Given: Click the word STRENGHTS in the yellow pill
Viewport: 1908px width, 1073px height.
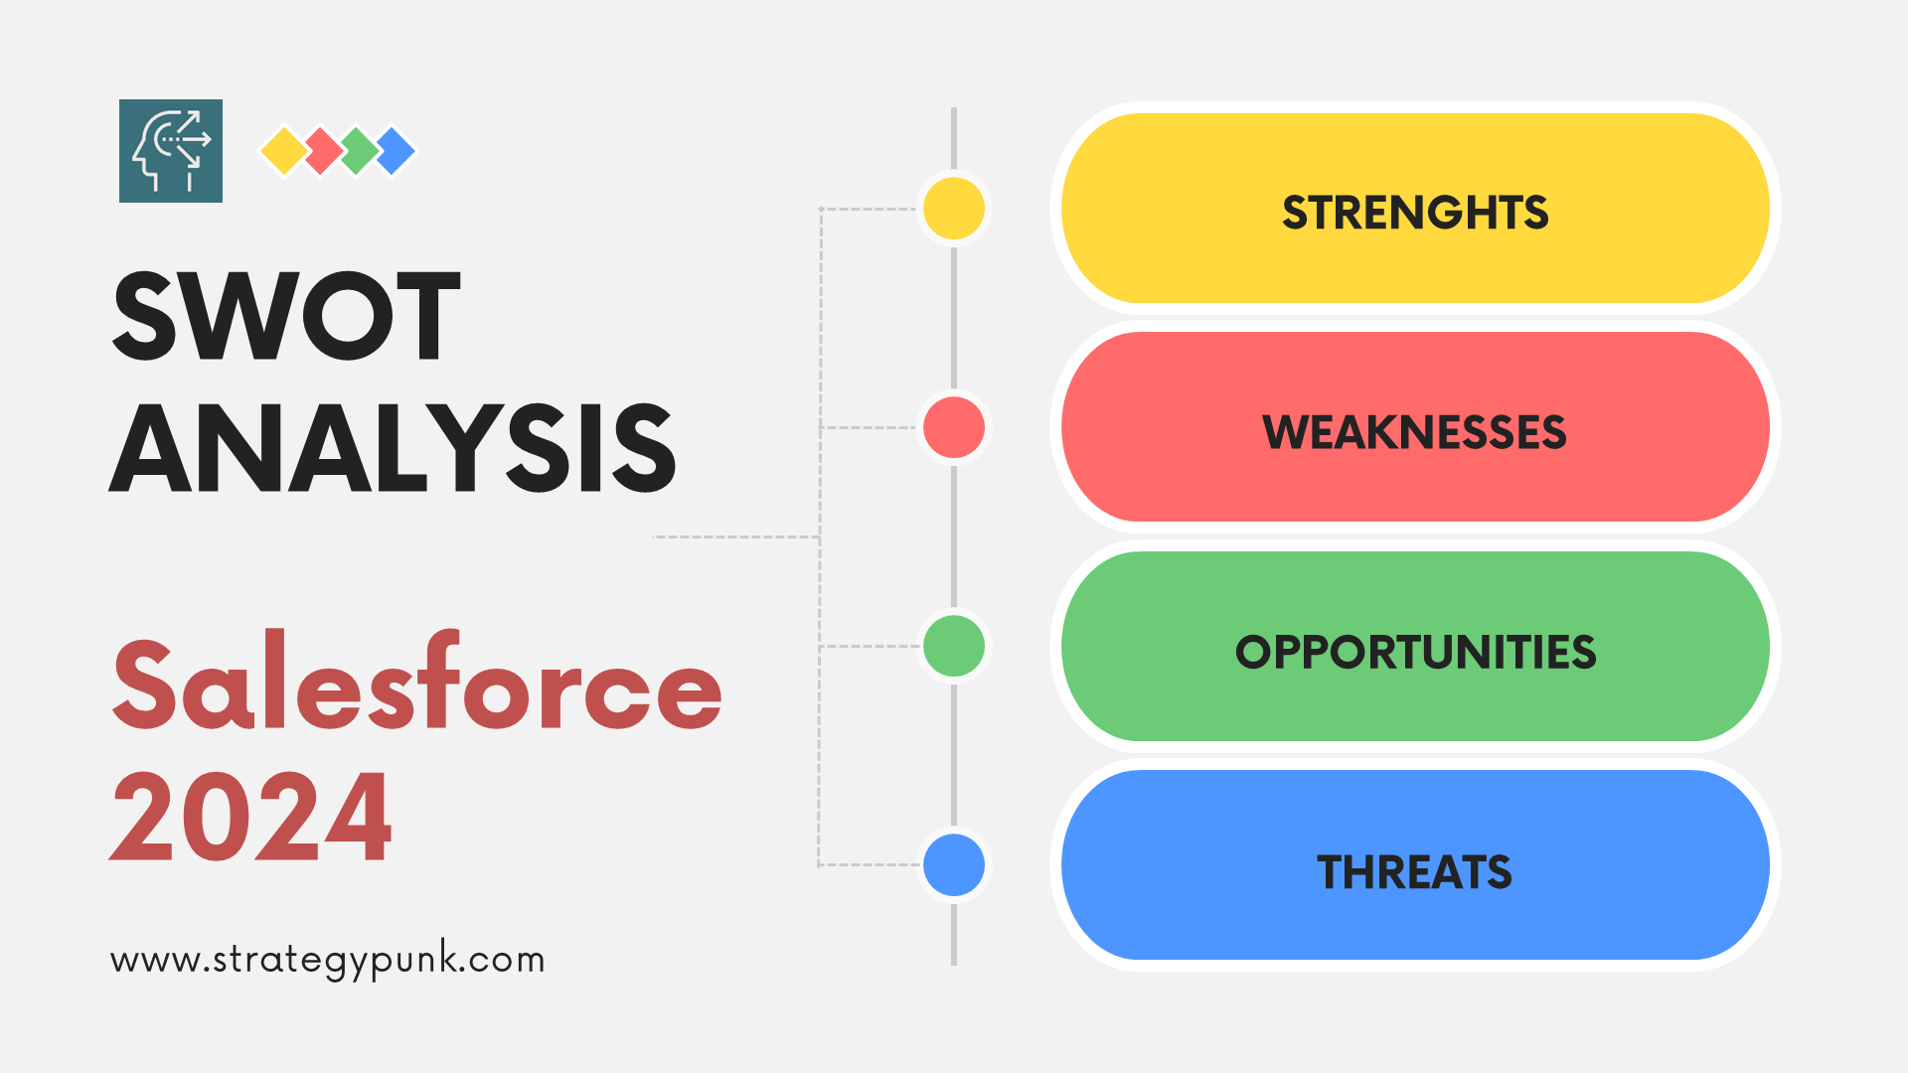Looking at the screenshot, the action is tap(1415, 213).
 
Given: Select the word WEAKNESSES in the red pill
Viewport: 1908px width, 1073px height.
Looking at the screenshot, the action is tap(1414, 432).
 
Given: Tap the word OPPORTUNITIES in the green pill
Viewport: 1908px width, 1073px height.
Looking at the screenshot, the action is tap(1415, 652).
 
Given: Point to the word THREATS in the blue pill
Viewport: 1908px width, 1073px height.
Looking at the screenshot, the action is tap(1414, 872).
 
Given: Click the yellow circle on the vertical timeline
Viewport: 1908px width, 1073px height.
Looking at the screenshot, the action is tap(954, 208).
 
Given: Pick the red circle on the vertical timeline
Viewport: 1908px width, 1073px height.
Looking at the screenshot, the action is tap(954, 427).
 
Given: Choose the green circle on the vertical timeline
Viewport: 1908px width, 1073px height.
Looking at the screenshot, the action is tap(954, 646).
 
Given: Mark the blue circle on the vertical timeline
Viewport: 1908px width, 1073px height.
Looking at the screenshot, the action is tap(954, 864).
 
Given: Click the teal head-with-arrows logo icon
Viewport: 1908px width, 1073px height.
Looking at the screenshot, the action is tap(171, 151).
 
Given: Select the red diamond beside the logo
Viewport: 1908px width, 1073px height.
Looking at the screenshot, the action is tap(322, 151).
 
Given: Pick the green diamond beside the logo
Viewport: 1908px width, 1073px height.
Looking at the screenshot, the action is tap(359, 151).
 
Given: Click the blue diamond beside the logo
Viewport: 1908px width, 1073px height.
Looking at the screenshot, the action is tap(397, 151).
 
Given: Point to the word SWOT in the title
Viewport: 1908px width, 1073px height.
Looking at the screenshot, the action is tap(286, 316).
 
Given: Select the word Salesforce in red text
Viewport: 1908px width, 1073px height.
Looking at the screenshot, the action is tap(417, 682).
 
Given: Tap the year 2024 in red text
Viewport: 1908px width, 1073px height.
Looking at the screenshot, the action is tap(250, 816).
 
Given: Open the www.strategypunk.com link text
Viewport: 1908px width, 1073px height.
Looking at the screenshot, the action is tap(328, 960).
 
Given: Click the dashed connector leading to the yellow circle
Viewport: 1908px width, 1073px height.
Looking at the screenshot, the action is tap(869, 209).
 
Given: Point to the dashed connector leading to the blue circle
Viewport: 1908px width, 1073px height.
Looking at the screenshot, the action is tap(869, 864).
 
